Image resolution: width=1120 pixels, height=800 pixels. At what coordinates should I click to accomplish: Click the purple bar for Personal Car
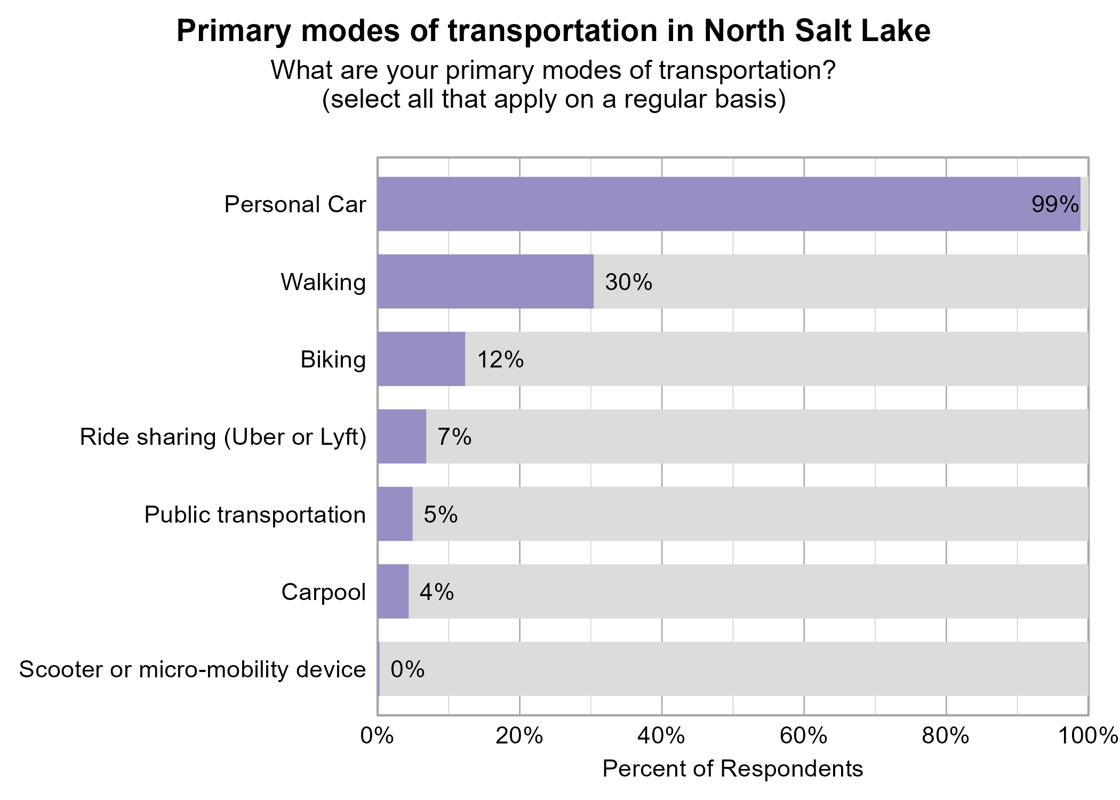point(729,204)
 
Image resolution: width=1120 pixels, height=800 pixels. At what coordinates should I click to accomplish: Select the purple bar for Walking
point(485,281)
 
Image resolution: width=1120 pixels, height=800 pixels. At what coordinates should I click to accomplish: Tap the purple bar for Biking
point(421,359)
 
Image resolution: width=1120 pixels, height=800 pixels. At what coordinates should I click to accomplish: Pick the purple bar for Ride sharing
point(402,436)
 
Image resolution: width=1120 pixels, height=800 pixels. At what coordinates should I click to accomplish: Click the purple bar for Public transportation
point(395,514)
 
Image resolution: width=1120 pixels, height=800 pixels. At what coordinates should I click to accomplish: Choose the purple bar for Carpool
point(393,591)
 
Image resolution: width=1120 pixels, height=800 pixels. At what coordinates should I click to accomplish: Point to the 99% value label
point(1054,204)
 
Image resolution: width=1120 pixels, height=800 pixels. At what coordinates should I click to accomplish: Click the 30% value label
point(628,282)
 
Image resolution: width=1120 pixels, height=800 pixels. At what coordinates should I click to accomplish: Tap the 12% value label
point(500,359)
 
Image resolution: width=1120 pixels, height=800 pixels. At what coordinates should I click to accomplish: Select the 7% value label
point(454,437)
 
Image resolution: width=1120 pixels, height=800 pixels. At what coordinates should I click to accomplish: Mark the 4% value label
point(436,592)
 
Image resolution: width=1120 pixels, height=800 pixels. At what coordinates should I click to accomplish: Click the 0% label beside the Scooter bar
point(407,669)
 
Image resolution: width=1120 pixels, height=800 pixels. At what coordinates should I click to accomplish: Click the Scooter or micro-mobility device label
point(193,669)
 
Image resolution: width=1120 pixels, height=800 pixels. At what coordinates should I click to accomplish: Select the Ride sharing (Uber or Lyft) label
point(223,437)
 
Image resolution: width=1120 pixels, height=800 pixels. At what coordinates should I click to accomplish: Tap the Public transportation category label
point(255,515)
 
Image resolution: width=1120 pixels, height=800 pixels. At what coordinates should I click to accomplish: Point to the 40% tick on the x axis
point(661,736)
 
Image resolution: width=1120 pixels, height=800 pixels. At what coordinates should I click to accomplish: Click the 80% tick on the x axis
point(946,736)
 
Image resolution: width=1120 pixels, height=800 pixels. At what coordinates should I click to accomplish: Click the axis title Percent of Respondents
point(732,769)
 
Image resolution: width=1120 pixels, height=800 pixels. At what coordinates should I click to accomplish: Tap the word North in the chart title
point(744,31)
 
